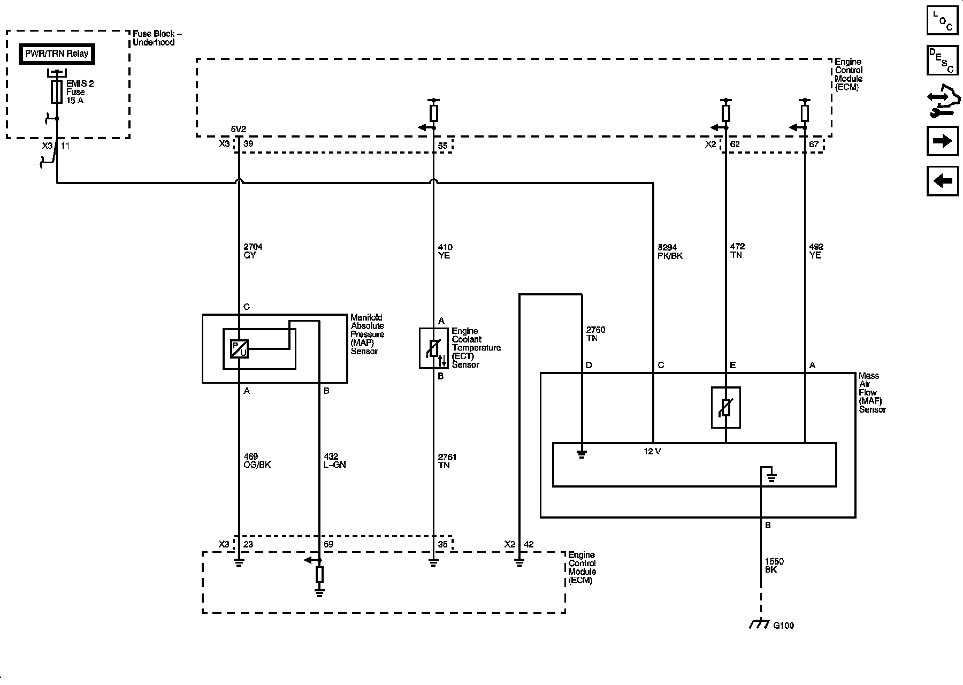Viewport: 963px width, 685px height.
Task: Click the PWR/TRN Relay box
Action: tap(57, 54)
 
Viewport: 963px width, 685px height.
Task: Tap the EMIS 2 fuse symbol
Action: tap(56, 92)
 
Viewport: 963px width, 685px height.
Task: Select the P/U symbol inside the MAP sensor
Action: tap(239, 349)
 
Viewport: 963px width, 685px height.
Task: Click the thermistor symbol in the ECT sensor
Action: tap(433, 348)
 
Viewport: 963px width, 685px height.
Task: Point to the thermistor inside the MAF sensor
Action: tap(725, 408)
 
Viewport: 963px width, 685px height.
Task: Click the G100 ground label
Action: tap(783, 625)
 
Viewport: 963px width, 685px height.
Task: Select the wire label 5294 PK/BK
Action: tap(670, 252)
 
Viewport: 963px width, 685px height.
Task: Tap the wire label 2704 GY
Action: tap(253, 251)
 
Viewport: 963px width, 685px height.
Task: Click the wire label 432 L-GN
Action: tap(335, 461)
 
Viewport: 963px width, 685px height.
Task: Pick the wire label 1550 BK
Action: tap(774, 566)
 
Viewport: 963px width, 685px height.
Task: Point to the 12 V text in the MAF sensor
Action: tap(652, 452)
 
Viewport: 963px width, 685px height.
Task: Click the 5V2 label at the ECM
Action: tap(238, 130)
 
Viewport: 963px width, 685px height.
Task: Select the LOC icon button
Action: tap(942, 20)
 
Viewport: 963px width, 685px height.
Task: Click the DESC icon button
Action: tap(942, 60)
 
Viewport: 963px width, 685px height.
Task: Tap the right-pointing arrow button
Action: tap(942, 141)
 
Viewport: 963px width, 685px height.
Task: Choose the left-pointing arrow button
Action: tap(942, 181)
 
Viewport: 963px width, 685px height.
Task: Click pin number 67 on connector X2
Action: tap(814, 144)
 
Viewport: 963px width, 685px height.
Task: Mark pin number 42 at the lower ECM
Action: tap(529, 545)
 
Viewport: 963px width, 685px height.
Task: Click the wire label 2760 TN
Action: tap(595, 334)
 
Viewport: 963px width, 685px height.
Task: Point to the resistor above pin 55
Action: tap(433, 113)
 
